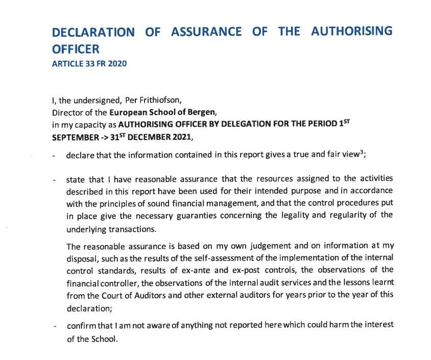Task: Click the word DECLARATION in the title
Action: click(94, 32)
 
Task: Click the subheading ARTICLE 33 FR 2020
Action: click(89, 64)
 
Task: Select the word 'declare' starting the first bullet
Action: click(80, 155)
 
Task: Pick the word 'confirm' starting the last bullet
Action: click(81, 325)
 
